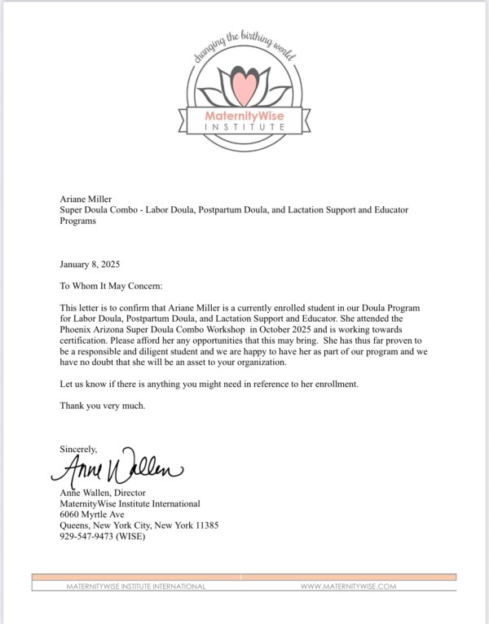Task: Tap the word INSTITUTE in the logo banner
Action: pyautogui.click(x=245, y=128)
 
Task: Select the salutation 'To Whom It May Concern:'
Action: pyautogui.click(x=112, y=286)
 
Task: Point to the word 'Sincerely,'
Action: pyautogui.click(x=78, y=449)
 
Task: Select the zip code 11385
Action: pyautogui.click(x=205, y=525)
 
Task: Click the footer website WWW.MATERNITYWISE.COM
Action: pyautogui.click(x=348, y=586)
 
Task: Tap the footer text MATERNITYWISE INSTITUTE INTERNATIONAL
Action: pyautogui.click(x=136, y=586)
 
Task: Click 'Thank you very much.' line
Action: pyautogui.click(x=103, y=406)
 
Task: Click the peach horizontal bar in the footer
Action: pyautogui.click(x=244, y=577)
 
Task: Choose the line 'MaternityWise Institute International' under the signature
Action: pyautogui.click(x=130, y=503)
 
